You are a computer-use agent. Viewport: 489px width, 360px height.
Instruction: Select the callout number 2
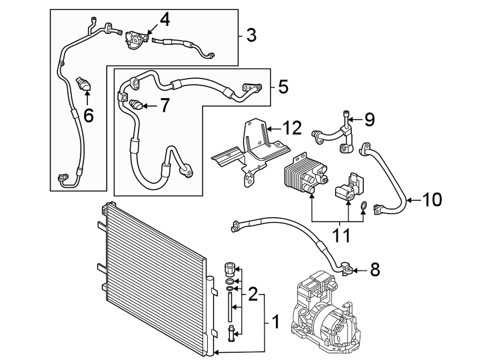pyautogui.click(x=253, y=293)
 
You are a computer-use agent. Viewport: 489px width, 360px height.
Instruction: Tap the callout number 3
pyautogui.click(x=250, y=35)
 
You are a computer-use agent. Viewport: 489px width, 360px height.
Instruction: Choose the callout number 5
pyautogui.click(x=282, y=86)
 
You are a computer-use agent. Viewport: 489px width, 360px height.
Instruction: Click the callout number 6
pyautogui.click(x=88, y=115)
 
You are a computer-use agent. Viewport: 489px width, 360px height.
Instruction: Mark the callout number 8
pyautogui.click(x=374, y=269)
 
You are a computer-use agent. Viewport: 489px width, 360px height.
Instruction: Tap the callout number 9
pyautogui.click(x=369, y=119)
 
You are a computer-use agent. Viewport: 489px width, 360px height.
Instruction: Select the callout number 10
pyautogui.click(x=432, y=199)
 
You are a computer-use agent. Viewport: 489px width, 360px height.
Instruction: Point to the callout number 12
pyautogui.click(x=292, y=127)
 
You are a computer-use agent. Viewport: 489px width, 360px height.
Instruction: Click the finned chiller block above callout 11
pyautogui.click(x=305, y=173)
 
